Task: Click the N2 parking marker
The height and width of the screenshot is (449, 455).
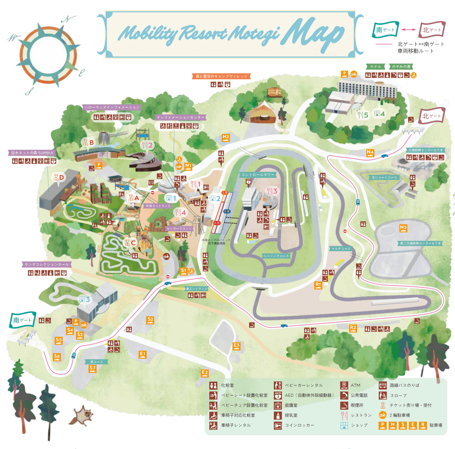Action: tap(226, 138)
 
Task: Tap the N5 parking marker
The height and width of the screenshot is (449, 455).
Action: tap(403, 228)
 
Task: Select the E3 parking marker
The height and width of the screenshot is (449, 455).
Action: tap(236, 346)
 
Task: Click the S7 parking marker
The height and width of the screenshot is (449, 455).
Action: tap(93, 369)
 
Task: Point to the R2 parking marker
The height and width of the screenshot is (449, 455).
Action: tap(353, 328)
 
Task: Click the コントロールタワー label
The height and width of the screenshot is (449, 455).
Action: tap(258, 175)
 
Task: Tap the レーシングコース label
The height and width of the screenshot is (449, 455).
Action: tap(276, 256)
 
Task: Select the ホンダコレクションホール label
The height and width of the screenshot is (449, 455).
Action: tap(47, 264)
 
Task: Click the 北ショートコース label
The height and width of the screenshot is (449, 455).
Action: tap(384, 177)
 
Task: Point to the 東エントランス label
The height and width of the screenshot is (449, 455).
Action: tap(197, 289)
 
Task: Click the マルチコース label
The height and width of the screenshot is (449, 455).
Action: tap(341, 249)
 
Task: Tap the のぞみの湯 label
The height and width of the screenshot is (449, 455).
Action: tap(401, 66)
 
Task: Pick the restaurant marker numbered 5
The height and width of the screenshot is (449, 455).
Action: tap(363, 115)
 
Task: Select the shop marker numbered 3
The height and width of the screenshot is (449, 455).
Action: tap(85, 299)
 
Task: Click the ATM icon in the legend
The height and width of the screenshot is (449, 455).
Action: tap(344, 385)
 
